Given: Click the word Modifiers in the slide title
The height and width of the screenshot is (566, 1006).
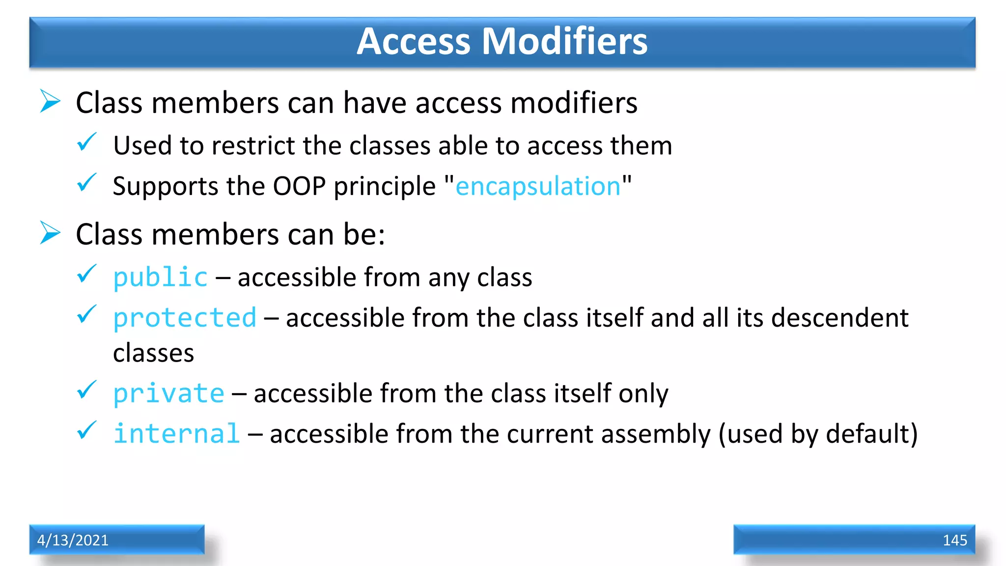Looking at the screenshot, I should (564, 41).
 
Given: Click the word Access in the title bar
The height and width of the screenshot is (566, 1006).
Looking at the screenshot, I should (414, 41).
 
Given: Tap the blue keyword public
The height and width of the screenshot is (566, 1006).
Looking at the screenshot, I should (161, 278).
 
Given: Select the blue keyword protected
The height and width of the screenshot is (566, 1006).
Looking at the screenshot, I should (185, 318).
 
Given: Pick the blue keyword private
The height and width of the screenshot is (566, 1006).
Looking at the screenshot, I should (168, 394).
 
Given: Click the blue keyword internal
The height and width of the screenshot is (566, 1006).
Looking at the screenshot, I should (177, 434).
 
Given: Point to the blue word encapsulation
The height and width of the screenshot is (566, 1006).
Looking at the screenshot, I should (538, 187).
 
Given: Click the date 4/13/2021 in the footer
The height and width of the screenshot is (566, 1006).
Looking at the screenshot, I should (73, 540).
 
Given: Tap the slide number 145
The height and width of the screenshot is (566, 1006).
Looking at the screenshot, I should (954, 540).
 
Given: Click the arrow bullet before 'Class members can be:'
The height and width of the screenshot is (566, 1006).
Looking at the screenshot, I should (50, 233).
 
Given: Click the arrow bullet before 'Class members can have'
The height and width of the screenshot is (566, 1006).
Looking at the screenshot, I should (50, 101).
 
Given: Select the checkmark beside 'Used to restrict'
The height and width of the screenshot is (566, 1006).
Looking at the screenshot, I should (87, 142).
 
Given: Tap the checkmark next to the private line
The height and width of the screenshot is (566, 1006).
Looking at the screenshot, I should (87, 390).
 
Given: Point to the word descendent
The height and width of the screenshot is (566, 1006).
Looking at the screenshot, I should (839, 318).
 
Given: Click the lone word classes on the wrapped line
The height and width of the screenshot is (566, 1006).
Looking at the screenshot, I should (153, 353).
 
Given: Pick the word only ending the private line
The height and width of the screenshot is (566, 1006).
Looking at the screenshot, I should (643, 394).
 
